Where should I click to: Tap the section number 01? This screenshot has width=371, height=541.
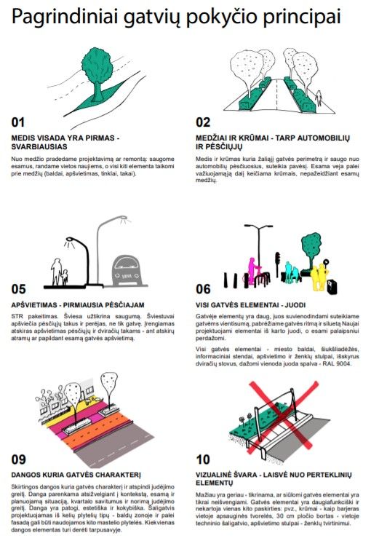point(18,122)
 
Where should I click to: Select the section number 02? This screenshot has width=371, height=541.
point(203,122)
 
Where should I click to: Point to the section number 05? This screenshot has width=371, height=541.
point(19,289)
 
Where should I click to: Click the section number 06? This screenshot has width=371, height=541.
point(203,289)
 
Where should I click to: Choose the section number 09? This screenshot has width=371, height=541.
point(19,459)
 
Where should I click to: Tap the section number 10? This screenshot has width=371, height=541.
point(203,459)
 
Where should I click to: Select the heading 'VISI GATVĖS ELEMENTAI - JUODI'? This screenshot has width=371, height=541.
point(251,305)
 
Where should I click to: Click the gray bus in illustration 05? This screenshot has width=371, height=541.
point(126,271)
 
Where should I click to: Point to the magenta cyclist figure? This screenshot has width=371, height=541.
point(252,271)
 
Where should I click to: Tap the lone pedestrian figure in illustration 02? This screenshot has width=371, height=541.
point(319,98)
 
